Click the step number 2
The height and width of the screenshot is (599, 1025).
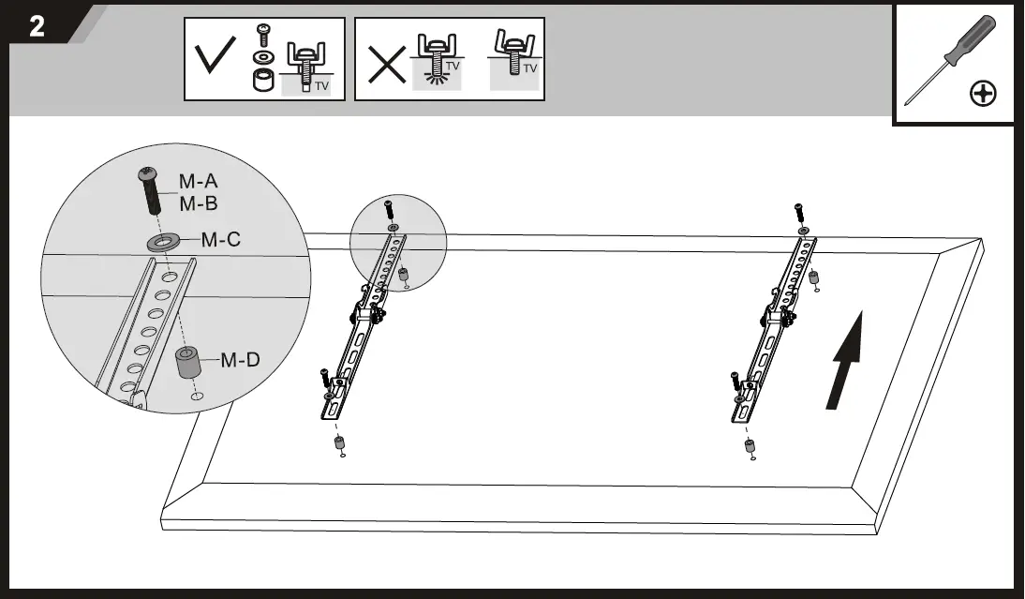tap(37, 26)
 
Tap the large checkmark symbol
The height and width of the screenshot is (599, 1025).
tap(216, 59)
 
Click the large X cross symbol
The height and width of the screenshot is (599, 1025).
tap(385, 64)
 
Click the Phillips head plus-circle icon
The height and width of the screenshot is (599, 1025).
tap(983, 94)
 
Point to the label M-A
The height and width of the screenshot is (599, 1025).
tap(198, 181)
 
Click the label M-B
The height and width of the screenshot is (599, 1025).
tap(198, 203)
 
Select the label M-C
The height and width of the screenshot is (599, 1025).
tap(221, 240)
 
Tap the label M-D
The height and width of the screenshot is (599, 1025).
tap(240, 359)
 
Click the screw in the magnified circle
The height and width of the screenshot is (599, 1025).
tap(151, 192)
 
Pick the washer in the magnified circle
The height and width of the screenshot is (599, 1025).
tap(164, 243)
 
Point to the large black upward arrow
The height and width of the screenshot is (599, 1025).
tap(846, 361)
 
